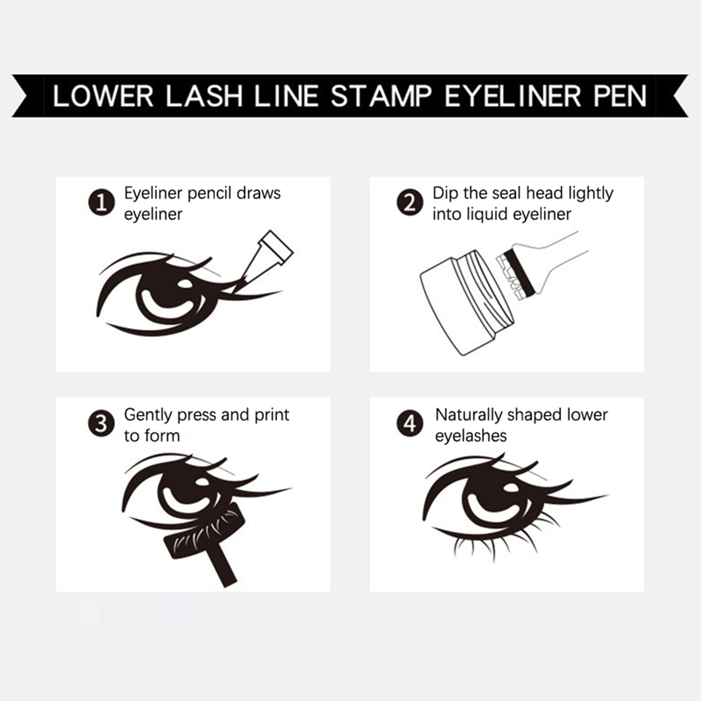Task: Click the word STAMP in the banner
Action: (x=381, y=96)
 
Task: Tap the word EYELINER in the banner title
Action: (x=513, y=96)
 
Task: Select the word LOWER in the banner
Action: (x=103, y=96)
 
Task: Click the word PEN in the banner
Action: (x=620, y=96)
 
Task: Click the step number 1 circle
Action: (x=102, y=202)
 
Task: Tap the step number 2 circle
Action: (x=410, y=202)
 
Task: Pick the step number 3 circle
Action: (x=102, y=424)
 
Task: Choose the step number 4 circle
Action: (x=410, y=424)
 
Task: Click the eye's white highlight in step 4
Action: (x=511, y=488)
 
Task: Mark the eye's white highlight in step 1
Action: (x=185, y=283)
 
